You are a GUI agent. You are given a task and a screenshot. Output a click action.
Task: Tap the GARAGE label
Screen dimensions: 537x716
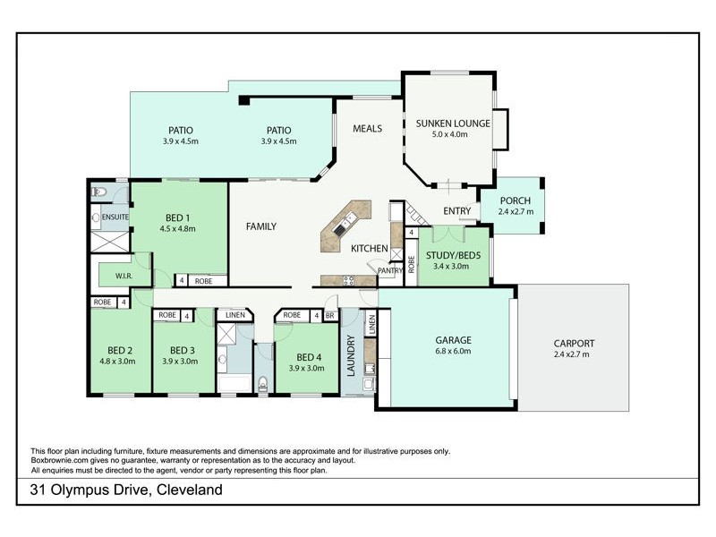coord(453,340)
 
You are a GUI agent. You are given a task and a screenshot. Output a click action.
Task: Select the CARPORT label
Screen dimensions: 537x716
coord(573,343)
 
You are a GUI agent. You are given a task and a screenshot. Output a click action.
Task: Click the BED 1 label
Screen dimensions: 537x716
coord(178,217)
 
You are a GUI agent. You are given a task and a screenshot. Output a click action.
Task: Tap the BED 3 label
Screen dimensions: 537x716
coord(182,350)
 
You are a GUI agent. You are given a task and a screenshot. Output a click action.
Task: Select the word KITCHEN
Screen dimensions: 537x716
coord(369,248)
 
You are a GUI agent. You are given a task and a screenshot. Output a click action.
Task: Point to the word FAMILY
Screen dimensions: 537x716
coord(260,226)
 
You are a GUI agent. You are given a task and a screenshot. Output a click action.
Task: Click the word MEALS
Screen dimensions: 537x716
coord(367,129)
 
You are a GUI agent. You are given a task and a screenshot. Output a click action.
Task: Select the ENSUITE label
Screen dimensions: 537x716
coord(115,217)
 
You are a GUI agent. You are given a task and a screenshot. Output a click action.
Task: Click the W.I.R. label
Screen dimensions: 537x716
coord(124,276)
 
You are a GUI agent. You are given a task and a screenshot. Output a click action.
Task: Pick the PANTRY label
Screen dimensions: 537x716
coord(389,270)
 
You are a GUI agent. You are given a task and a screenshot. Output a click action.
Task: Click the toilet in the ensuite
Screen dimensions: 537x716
coord(98,192)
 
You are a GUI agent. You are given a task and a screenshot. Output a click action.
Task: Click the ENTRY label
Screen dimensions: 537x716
coord(457,211)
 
